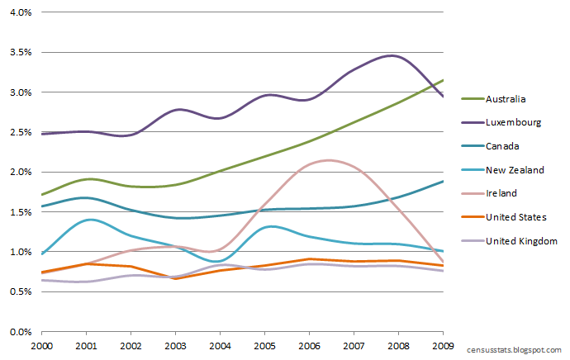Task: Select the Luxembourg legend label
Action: pos(512,122)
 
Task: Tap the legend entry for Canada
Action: pos(503,146)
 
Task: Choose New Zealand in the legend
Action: pos(515,170)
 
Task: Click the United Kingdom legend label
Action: pos(521,241)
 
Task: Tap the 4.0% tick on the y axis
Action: pos(19,13)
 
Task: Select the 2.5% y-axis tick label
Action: pos(19,132)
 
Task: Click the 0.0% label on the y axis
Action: pos(19,332)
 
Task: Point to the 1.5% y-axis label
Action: pos(19,212)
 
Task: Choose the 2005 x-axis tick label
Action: pos(264,343)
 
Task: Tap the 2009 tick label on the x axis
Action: pos(443,343)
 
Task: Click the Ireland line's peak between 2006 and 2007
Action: pos(329,160)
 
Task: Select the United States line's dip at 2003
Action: pos(175,278)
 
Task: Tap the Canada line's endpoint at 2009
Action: pos(444,181)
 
